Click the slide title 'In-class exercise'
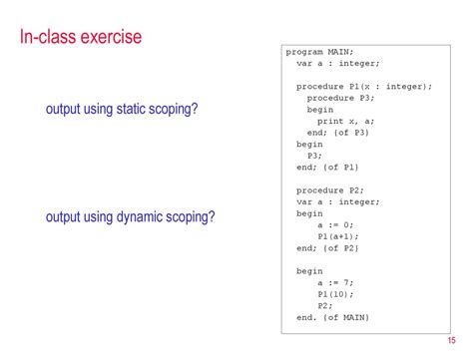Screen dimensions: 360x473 (x=81, y=39)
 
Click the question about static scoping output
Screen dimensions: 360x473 (x=122, y=109)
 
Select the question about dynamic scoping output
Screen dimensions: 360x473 (x=131, y=217)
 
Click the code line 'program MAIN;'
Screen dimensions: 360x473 (x=319, y=51)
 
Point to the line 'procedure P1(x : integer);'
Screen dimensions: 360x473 (x=363, y=86)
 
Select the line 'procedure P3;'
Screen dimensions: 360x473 (x=337, y=98)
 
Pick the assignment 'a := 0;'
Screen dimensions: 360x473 (x=335, y=224)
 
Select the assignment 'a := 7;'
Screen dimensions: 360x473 (x=335, y=282)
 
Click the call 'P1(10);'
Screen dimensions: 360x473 (x=335, y=294)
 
